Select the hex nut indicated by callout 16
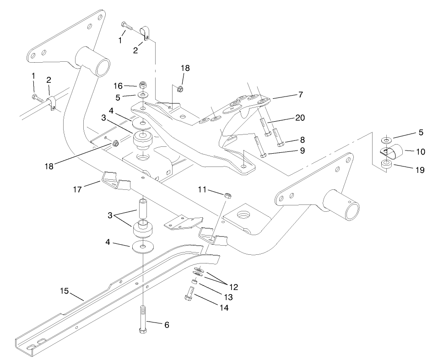point(142,85)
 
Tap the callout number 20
point(300,118)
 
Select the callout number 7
point(300,95)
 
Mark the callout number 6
point(167,325)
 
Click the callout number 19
point(419,170)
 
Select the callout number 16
point(117,86)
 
